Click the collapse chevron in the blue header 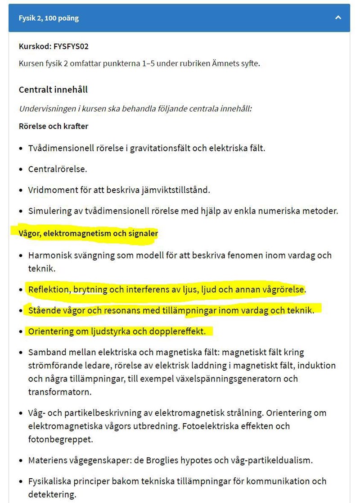click(x=338, y=18)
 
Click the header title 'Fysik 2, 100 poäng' click(x=49, y=18)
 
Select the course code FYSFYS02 click(x=68, y=46)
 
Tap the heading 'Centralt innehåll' click(x=53, y=89)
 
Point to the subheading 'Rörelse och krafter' click(x=54, y=126)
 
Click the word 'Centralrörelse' click(x=57, y=169)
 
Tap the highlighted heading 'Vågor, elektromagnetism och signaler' click(x=88, y=234)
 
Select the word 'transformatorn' click(x=60, y=392)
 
